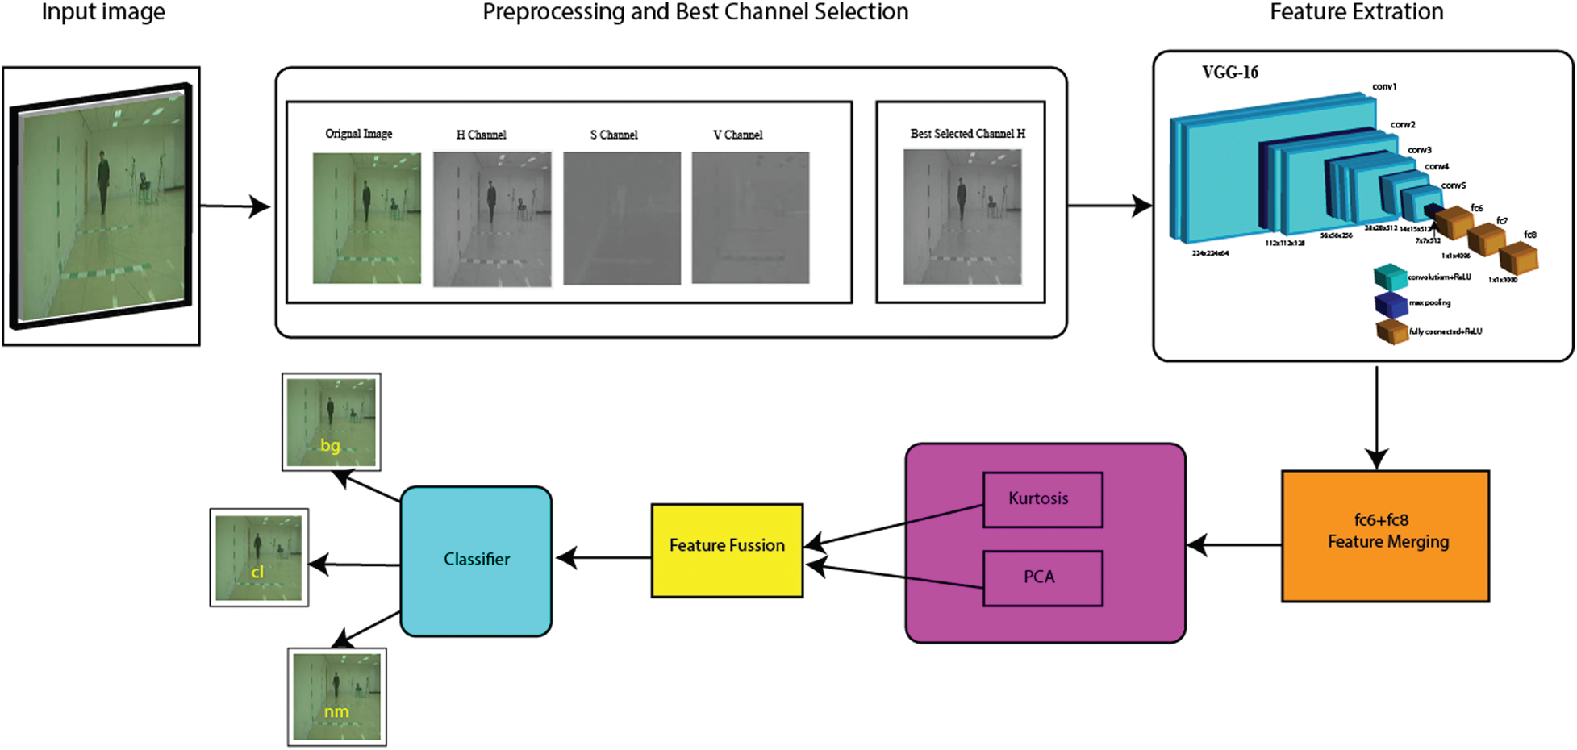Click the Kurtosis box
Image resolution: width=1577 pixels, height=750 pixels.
click(x=1042, y=499)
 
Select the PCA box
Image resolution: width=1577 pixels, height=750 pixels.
click(x=1042, y=577)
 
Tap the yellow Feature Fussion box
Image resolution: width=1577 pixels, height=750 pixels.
click(x=727, y=550)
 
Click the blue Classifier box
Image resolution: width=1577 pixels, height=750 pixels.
click(x=476, y=560)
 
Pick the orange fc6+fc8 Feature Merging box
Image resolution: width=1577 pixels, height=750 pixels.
click(x=1385, y=535)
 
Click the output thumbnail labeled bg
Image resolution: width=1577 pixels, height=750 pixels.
click(x=331, y=422)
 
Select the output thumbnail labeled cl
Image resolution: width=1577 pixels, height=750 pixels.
click(x=259, y=557)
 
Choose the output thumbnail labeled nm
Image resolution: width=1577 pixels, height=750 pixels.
click(x=336, y=697)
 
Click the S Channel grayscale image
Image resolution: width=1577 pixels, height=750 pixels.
click(x=621, y=218)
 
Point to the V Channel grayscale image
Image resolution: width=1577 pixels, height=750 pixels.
click(x=750, y=218)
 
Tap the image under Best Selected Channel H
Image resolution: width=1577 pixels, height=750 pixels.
click(x=962, y=217)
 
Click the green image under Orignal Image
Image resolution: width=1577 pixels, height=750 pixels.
click(x=366, y=218)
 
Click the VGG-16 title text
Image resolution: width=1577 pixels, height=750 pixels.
click(x=1229, y=73)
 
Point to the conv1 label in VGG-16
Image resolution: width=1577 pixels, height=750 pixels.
click(x=1384, y=86)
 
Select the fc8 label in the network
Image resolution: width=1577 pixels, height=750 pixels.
click(x=1529, y=235)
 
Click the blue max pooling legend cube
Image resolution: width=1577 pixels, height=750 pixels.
click(x=1390, y=304)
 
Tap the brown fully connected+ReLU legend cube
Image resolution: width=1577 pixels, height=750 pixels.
click(x=1391, y=331)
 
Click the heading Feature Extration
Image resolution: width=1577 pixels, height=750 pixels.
click(x=1356, y=12)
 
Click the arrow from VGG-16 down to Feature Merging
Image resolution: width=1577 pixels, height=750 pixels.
click(x=1376, y=415)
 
